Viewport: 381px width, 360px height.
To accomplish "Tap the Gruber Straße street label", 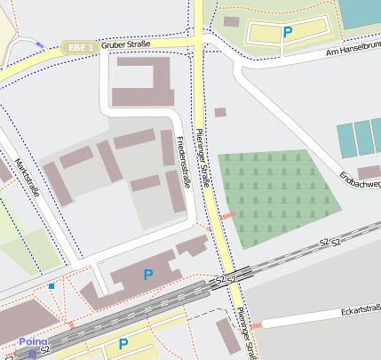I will pos(126,44).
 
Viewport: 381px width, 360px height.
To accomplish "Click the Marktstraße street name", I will pos(28,177).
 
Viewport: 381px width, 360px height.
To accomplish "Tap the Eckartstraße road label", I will pos(361,310).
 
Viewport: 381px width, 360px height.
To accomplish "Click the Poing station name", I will pos(33,341).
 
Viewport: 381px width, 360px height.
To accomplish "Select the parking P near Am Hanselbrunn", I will pos(287,32).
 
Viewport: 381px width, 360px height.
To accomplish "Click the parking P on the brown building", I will pos(148,276).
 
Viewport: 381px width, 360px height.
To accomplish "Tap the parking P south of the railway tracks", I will pos(123,344).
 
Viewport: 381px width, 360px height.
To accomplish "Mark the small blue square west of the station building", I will pos(52,286).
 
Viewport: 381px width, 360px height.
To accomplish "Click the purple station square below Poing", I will pos(33,354).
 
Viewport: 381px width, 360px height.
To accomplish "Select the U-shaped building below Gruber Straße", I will pos(142,85).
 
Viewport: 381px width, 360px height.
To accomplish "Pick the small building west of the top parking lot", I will pos(232,21).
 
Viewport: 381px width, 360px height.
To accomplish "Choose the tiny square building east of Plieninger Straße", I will pos(220,112).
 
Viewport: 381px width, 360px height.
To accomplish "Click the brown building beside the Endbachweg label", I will pos(368,172).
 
